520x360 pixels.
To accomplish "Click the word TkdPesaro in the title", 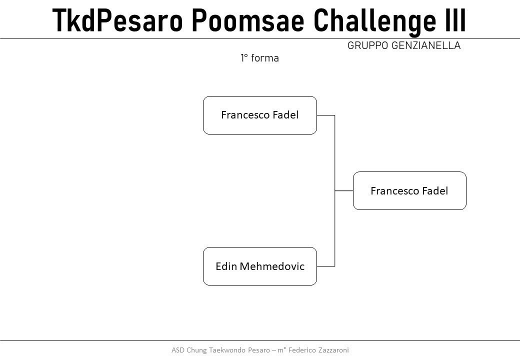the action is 117,20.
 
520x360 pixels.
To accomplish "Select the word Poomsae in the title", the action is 248,20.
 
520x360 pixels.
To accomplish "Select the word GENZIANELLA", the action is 426,45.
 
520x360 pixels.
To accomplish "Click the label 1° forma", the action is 259,58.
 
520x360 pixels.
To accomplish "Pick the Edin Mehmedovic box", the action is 260,266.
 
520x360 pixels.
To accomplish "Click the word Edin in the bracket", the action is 226,266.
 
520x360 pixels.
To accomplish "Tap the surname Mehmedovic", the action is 272,266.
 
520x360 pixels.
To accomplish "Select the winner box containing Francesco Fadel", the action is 409,190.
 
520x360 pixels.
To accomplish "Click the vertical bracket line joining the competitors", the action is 334,190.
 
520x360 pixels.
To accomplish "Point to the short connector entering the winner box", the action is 344,190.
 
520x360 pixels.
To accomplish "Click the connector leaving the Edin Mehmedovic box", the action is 325,266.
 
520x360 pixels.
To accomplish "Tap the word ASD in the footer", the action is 178,350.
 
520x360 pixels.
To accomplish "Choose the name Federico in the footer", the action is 302,350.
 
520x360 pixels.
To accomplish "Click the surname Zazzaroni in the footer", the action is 333,350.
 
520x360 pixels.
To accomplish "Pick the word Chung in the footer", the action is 196,350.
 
